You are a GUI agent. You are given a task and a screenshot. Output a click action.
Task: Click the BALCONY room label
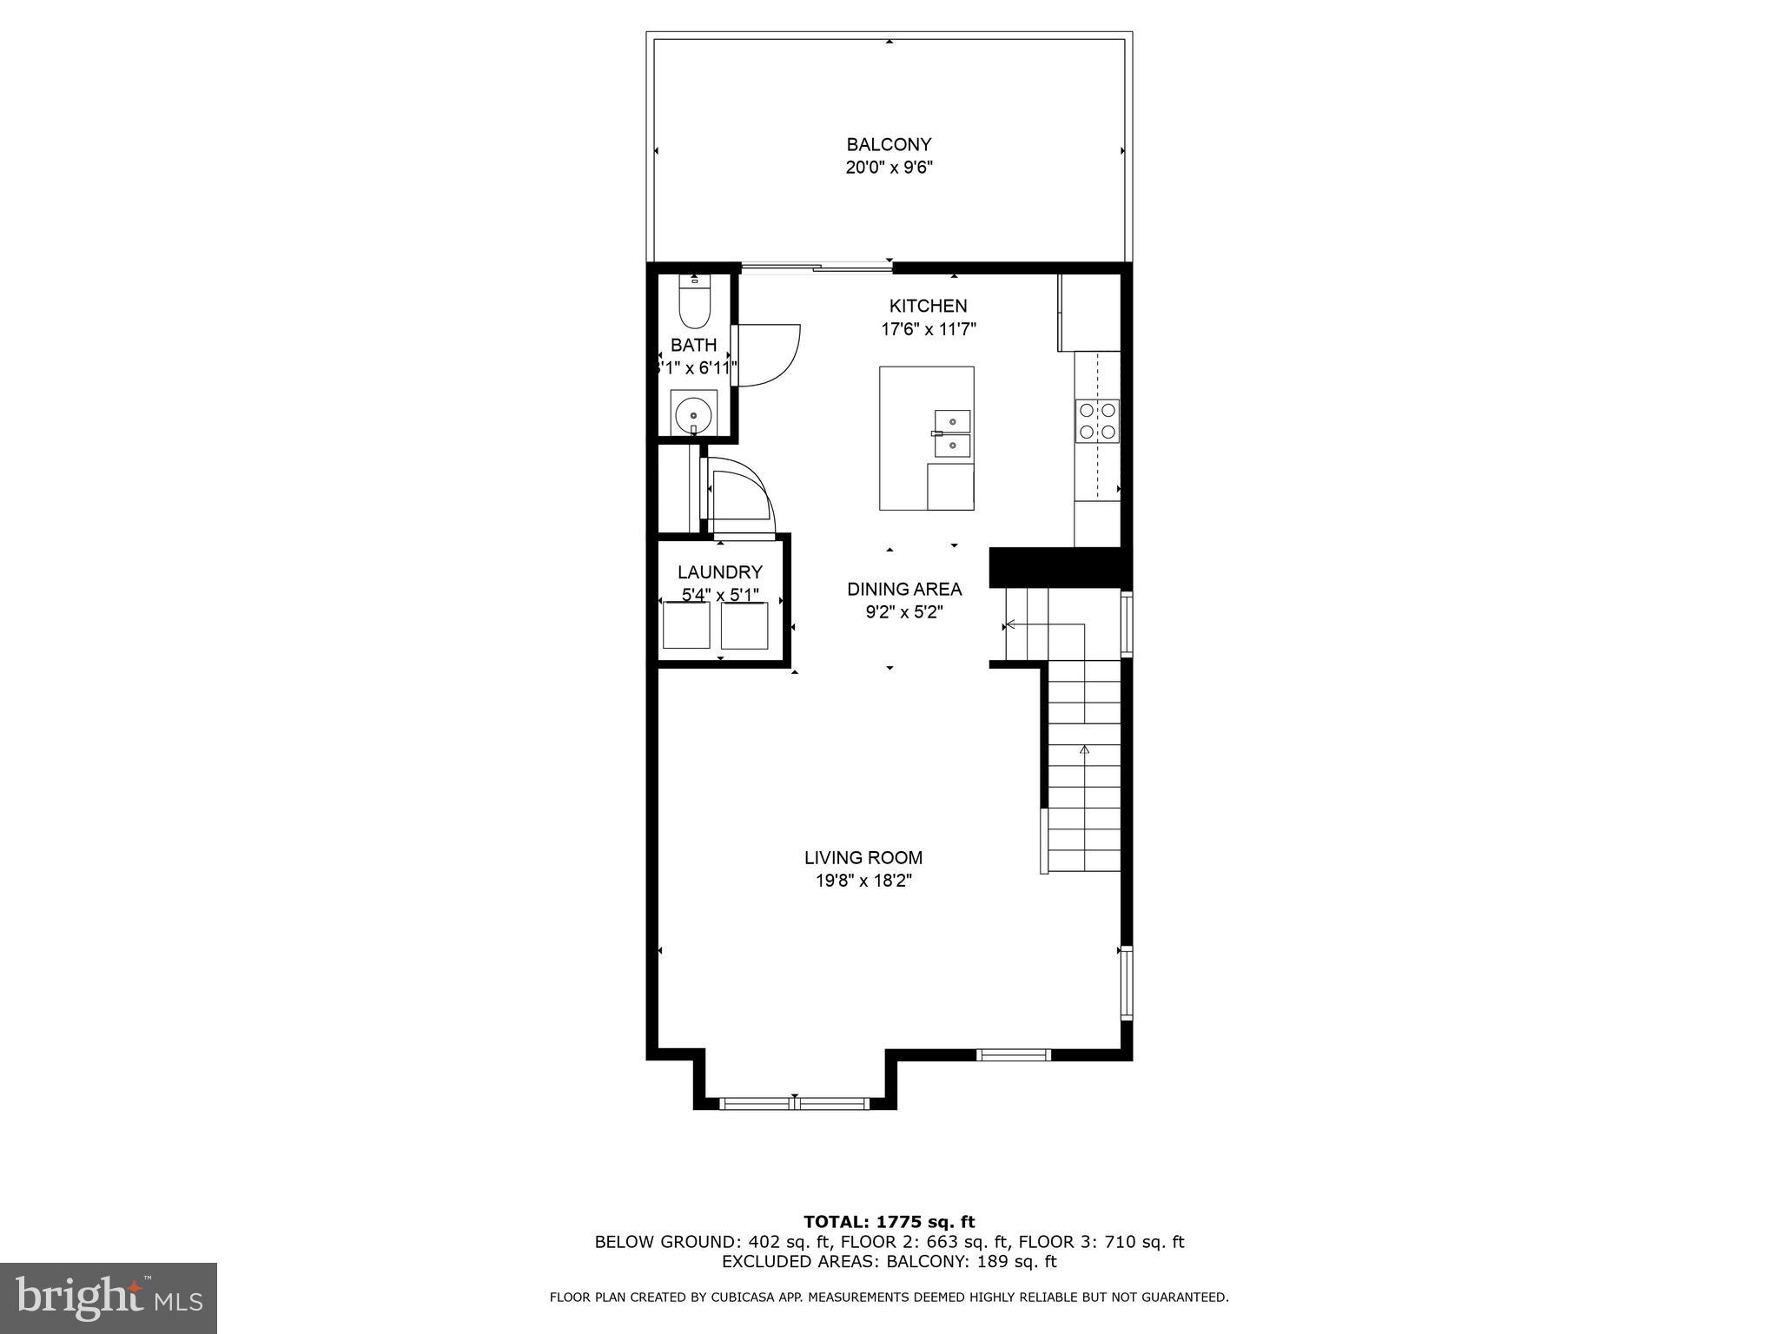coord(889,144)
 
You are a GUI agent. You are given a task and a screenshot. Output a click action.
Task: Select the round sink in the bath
coord(693,411)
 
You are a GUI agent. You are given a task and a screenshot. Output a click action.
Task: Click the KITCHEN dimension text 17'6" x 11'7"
coord(929,329)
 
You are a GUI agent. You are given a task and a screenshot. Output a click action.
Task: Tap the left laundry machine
coord(685,624)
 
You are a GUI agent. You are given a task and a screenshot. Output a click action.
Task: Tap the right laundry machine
coord(744,625)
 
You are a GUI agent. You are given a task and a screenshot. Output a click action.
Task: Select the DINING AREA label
coord(904,589)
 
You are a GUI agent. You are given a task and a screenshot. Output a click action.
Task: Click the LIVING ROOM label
coord(863,857)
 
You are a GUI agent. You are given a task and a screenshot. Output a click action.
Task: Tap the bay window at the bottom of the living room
coord(794,1103)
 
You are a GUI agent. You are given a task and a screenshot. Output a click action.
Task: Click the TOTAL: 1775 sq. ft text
coord(889,1222)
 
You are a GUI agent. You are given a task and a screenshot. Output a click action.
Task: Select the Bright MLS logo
coord(108,1298)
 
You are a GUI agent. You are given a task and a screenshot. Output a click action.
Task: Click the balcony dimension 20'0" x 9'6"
coord(889,168)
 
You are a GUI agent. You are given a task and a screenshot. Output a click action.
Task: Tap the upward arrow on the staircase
coord(1084,749)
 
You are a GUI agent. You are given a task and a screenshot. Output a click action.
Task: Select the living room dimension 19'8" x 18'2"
coord(863,881)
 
